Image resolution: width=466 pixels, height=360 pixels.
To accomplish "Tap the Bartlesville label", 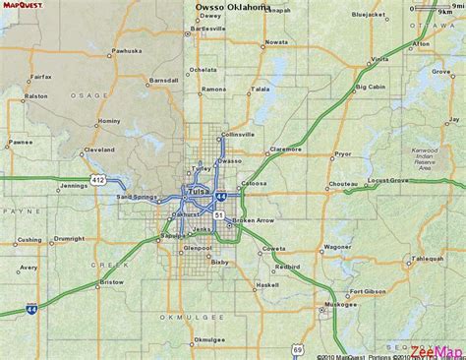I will (208, 30).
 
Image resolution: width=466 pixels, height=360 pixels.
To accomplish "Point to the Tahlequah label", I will (429, 259).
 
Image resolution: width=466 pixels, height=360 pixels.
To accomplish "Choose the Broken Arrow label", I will (254, 220).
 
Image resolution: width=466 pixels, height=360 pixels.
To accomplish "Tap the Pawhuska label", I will (127, 49).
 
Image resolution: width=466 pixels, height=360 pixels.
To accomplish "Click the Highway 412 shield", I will (99, 179).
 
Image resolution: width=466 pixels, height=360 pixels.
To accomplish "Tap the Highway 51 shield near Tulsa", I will (219, 213).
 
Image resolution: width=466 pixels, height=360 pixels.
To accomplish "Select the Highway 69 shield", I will (297, 348).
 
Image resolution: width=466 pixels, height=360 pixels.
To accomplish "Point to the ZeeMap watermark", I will (437, 352).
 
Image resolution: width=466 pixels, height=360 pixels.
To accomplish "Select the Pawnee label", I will (21, 142).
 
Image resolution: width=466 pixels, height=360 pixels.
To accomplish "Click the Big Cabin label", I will (371, 87).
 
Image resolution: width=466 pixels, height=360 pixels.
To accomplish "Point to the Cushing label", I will (30, 239).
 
